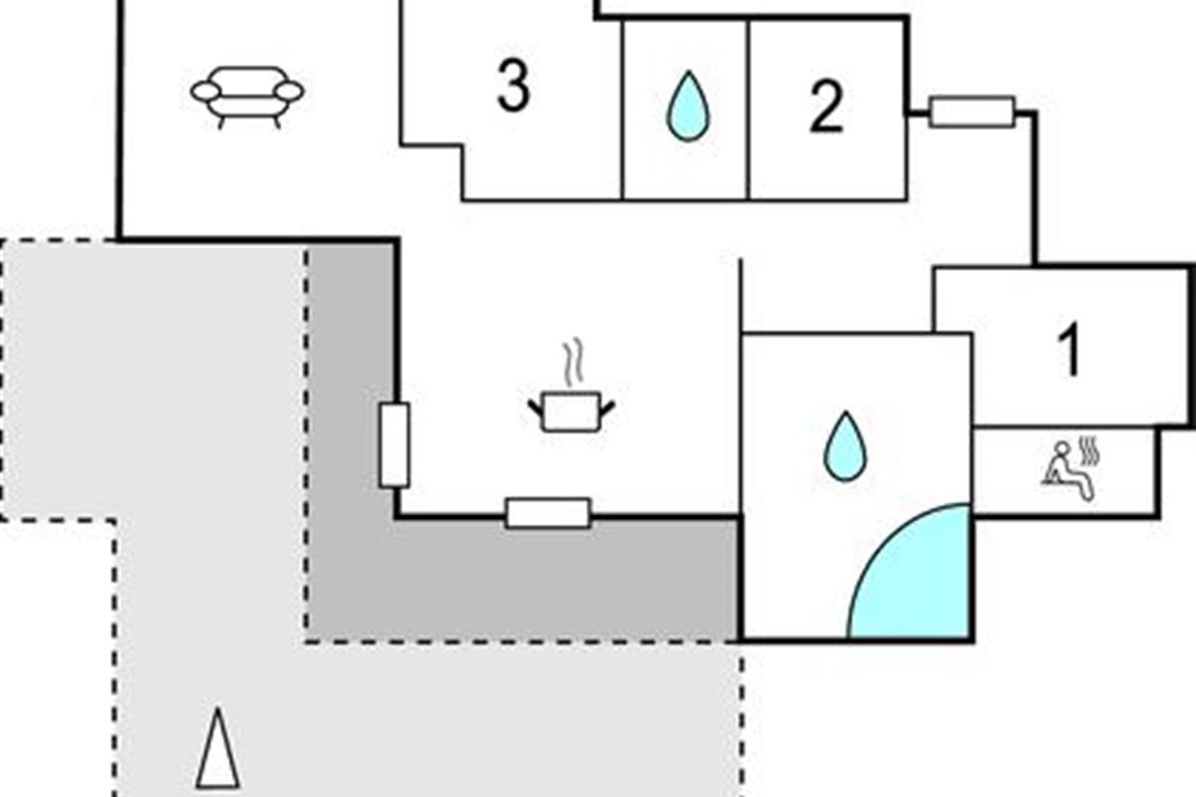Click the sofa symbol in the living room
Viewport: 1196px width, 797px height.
coord(247,96)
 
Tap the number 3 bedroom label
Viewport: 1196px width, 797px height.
coord(512,88)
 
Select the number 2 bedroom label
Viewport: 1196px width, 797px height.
coord(825,107)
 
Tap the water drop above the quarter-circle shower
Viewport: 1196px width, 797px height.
coord(845,445)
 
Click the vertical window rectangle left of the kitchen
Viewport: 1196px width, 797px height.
coord(395,445)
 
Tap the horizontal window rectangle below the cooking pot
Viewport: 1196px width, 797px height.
coord(547,513)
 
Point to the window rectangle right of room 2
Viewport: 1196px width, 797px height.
coord(972,112)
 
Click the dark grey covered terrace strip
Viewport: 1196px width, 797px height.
coord(518,588)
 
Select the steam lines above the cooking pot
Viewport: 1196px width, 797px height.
coord(572,363)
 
